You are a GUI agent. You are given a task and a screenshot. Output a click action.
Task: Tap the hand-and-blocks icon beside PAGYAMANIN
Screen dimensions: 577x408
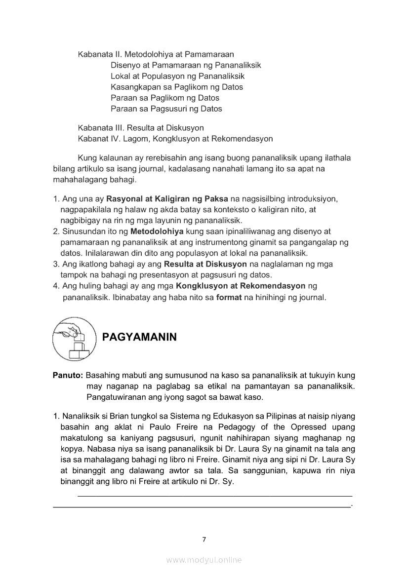point(74,338)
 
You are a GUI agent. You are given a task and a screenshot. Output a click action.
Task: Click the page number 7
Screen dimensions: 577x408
point(204,539)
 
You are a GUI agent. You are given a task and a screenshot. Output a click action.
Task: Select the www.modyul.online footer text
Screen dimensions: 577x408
point(204,560)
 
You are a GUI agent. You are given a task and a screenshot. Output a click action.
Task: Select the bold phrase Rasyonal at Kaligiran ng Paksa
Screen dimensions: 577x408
point(167,199)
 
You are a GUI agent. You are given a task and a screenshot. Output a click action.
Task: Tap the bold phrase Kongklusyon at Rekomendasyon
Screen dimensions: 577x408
point(241,286)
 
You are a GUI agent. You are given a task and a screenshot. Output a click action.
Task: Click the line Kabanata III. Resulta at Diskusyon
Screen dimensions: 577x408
point(141,128)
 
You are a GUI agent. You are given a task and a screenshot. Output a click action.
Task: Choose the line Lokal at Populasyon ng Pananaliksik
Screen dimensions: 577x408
point(177,76)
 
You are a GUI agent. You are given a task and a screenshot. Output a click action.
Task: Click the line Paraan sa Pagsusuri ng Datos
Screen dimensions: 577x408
point(166,109)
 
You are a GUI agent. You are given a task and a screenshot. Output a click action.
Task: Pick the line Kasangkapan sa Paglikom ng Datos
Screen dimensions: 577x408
point(176,87)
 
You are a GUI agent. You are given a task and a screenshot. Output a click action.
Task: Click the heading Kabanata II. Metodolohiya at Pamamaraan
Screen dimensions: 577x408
point(156,54)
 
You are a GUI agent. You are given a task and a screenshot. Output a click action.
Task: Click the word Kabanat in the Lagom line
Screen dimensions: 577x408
point(93,139)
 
